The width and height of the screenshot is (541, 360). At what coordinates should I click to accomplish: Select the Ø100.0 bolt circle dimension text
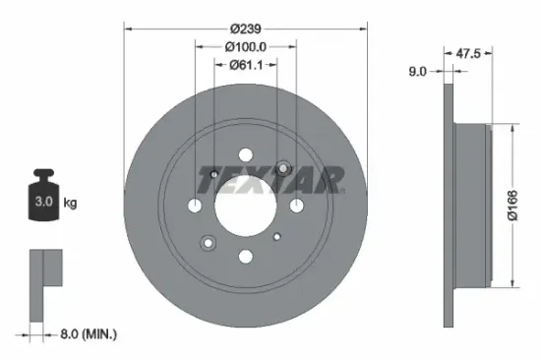coord(246,46)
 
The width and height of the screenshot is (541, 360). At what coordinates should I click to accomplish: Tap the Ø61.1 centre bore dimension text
coord(246,66)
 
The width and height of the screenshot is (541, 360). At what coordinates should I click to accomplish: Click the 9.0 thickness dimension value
coord(418,70)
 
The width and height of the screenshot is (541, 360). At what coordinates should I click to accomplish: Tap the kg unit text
coord(71,203)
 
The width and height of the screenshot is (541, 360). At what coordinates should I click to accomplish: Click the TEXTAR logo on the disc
coord(271,180)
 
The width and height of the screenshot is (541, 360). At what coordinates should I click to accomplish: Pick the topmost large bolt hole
coord(246,154)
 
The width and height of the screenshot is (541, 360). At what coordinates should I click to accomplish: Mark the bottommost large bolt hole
coord(246,257)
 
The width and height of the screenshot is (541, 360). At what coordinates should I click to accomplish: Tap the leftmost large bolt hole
coord(196,206)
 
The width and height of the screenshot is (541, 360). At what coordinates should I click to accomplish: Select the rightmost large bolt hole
coord(296,206)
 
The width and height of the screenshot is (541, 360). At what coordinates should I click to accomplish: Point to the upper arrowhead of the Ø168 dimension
coord(510,128)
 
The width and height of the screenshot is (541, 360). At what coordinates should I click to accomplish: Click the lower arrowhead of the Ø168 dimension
coord(510,285)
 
